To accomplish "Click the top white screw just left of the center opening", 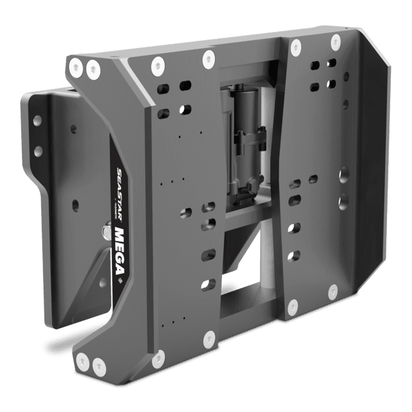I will [x=207, y=59].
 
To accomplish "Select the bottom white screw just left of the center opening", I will [x=209, y=337].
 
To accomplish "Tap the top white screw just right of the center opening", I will [x=295, y=46].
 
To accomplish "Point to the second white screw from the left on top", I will [x=93, y=66].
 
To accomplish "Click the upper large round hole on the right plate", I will [x=344, y=173].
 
